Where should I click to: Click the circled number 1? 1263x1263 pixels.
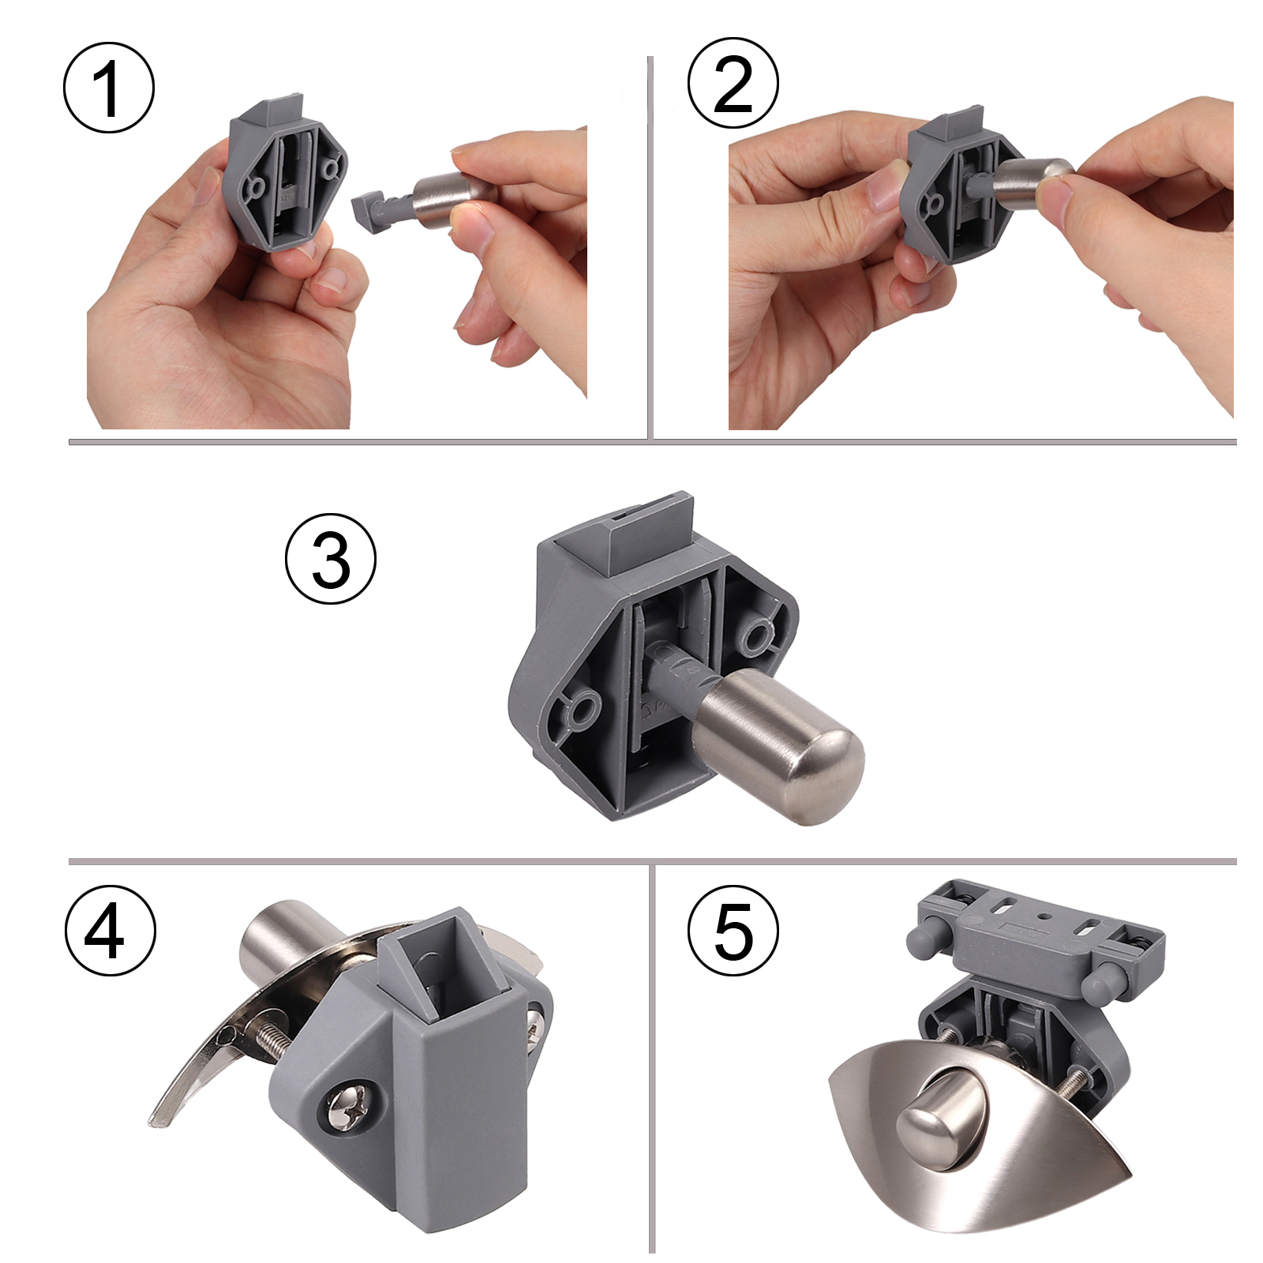pos(109,88)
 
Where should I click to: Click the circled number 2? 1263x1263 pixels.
pos(733,83)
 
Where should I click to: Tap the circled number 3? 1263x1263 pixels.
pos(331,559)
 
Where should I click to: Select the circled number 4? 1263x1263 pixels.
pos(110,931)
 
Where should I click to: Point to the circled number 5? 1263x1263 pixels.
pos(733,931)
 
